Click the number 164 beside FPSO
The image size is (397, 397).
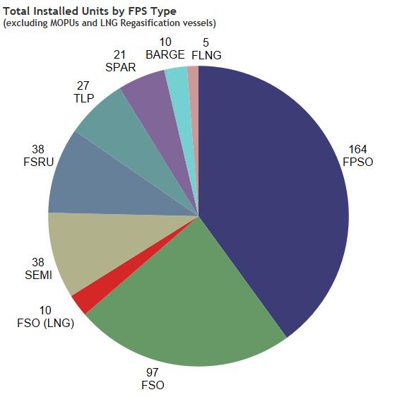357,149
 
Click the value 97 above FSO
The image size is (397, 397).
153,372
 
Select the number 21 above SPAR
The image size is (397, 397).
120,55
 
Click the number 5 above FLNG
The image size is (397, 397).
204,42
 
